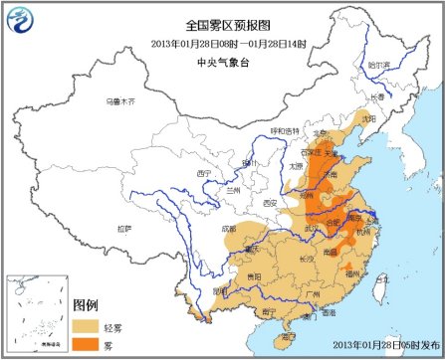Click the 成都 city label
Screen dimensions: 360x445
click(x=232, y=228)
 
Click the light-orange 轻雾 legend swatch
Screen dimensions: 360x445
click(x=88, y=324)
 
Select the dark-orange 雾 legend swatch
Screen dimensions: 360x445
click(x=88, y=343)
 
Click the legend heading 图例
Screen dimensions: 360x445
click(x=88, y=304)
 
